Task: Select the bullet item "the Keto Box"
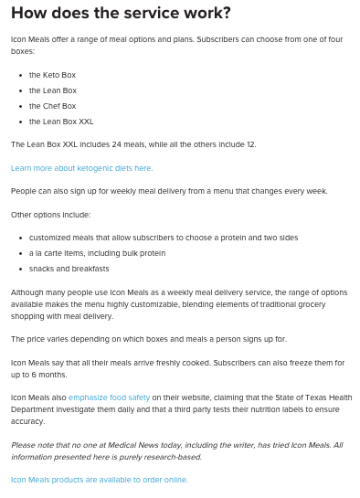52,74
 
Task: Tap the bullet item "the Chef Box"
52,105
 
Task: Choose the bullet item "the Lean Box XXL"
60,121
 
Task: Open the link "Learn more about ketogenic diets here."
81,168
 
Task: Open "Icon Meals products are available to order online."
99,480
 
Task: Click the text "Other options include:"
50,215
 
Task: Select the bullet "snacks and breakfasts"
69,269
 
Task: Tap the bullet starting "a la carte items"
97,253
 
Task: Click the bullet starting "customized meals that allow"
163,238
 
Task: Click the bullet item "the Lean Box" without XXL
52,90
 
